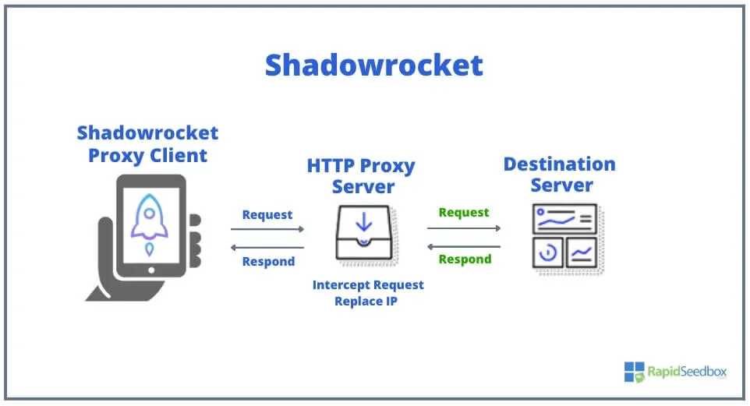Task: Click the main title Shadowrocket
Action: click(374, 65)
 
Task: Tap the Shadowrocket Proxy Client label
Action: click(147, 144)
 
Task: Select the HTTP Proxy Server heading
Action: click(361, 176)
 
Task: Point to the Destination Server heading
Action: click(559, 175)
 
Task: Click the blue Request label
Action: click(267, 214)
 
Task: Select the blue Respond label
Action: click(268, 262)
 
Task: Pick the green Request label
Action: click(464, 212)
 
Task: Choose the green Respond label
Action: click(465, 259)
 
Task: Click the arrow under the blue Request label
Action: click(267, 229)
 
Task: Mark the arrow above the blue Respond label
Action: click(267, 247)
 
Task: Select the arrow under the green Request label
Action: click(464, 228)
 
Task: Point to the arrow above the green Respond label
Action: click(464, 246)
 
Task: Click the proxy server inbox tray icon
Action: click(363, 233)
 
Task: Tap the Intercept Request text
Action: click(368, 284)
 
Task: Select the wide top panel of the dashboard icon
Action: click(564, 218)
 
